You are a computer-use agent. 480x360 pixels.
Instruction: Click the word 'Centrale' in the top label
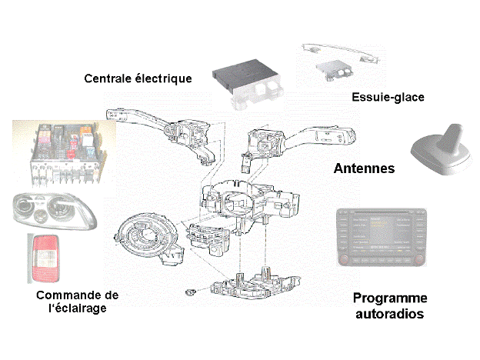(108, 78)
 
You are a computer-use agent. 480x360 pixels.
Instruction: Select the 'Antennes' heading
(365, 168)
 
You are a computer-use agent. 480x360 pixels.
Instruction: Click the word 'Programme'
(389, 298)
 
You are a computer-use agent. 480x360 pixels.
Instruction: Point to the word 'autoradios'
(389, 314)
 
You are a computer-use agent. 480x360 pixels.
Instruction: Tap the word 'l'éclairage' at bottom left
(74, 308)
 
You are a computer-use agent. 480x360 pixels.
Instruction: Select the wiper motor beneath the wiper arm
(333, 72)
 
